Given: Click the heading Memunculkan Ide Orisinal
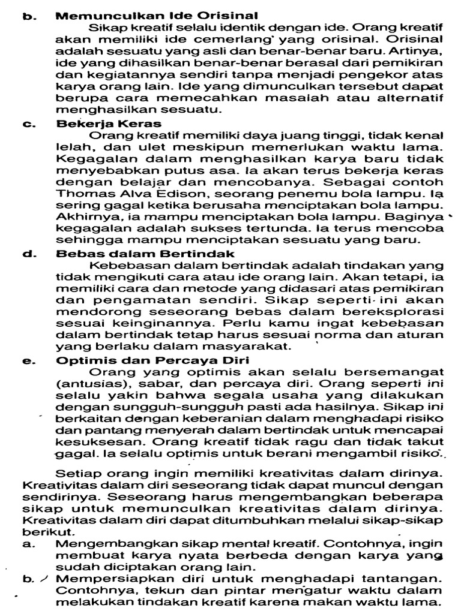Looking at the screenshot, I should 157,16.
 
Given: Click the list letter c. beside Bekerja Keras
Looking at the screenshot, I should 28,124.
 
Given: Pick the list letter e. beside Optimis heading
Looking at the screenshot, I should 28,360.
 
